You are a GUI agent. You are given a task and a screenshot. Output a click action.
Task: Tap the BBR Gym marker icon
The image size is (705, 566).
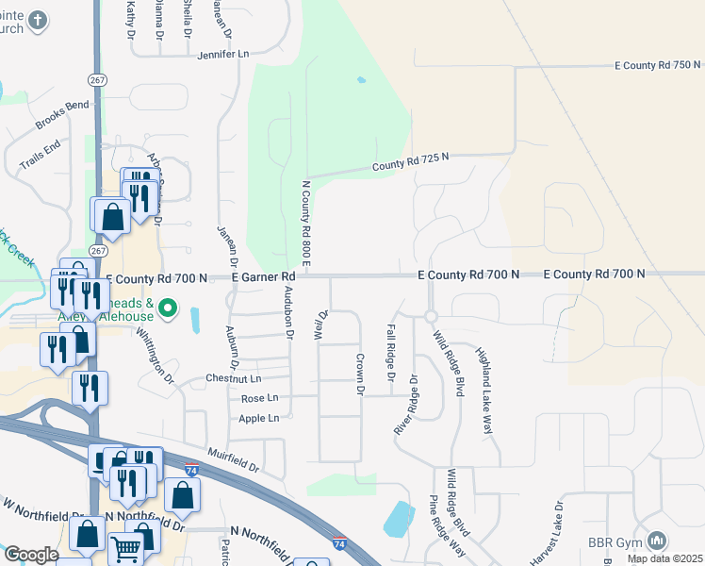(657, 541)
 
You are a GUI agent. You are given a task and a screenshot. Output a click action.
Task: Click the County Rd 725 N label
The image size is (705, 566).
(406, 165)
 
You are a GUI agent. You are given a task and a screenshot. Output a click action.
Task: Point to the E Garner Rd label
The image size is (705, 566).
(265, 276)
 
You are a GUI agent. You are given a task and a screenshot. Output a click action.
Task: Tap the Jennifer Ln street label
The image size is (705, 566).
(222, 56)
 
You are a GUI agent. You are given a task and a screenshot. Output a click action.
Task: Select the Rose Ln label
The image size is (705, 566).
(260, 399)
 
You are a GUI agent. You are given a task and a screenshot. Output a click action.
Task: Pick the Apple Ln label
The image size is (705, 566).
(259, 418)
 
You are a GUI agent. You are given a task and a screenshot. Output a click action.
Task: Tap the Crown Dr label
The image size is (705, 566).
(359, 374)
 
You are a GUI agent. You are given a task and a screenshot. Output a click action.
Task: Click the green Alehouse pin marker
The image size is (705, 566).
(168, 308)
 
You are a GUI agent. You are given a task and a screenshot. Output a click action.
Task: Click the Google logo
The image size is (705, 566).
(31, 555)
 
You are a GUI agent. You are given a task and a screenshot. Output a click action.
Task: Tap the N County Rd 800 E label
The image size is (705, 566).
(305, 223)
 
